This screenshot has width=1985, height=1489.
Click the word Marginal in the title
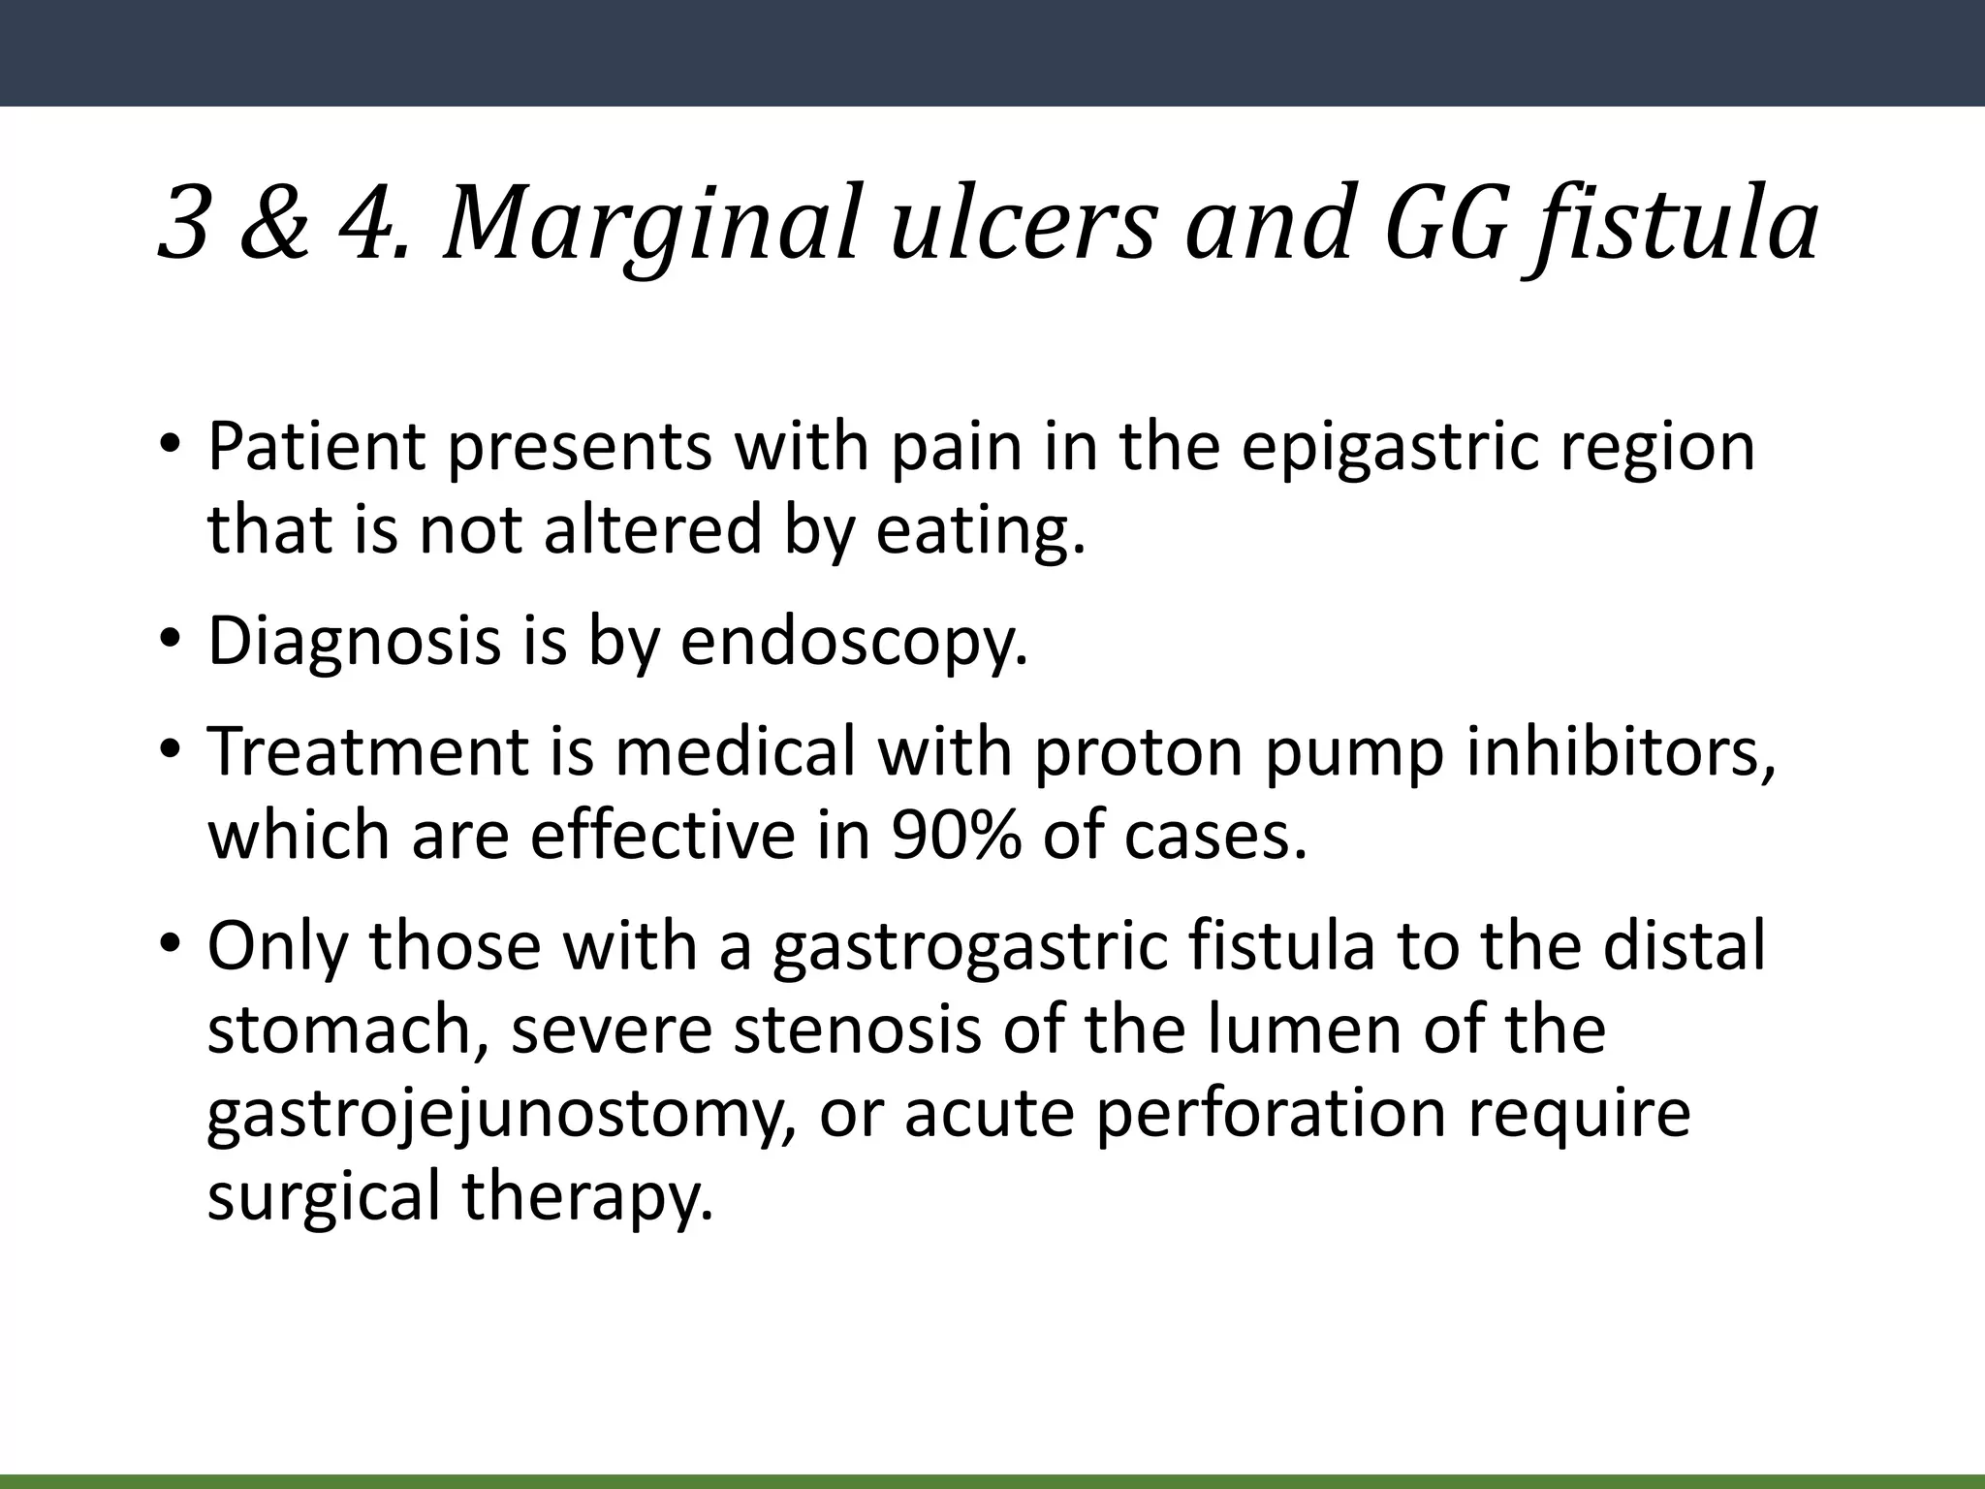651,225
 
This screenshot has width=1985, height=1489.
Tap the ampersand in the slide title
274,225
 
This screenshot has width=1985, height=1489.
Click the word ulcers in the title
1024,225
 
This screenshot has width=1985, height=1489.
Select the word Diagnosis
354,642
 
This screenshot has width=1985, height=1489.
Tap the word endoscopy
854,642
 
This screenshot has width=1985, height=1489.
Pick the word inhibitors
1621,752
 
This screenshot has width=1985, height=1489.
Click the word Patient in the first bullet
316,448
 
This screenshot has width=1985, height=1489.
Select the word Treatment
369,752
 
